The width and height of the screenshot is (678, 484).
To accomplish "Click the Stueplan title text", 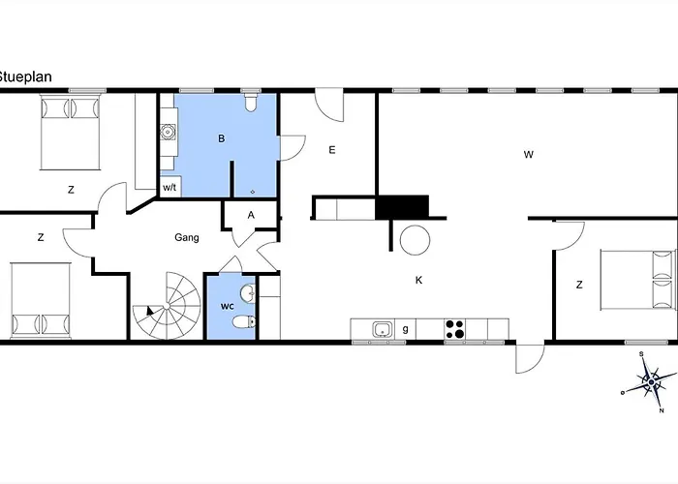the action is pyautogui.click(x=24, y=76).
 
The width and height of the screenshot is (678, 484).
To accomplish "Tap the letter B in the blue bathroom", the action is pyautogui.click(x=222, y=138).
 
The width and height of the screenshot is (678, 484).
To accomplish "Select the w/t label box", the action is pyautogui.click(x=169, y=187).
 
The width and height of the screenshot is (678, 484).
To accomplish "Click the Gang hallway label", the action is pyautogui.click(x=187, y=237).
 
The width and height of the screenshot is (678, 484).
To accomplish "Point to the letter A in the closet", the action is pyautogui.click(x=251, y=215).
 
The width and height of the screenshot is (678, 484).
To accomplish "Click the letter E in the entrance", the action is pyautogui.click(x=332, y=150).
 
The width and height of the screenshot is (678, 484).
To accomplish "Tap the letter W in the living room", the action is pyautogui.click(x=529, y=154).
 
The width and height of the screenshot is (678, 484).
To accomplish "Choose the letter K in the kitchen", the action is pyautogui.click(x=418, y=280).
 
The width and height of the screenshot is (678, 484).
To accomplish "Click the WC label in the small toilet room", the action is pyautogui.click(x=228, y=307).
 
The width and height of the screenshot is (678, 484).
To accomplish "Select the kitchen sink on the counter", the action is pyautogui.click(x=383, y=329).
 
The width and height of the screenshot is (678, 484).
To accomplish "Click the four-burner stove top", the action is pyautogui.click(x=455, y=329).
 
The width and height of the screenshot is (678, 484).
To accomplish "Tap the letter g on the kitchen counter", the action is pyautogui.click(x=405, y=329).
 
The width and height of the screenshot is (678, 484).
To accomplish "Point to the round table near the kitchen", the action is pyautogui.click(x=416, y=240).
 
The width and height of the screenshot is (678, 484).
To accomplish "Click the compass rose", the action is pyautogui.click(x=650, y=382).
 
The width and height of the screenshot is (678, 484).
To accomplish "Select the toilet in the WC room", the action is pyautogui.click(x=244, y=322).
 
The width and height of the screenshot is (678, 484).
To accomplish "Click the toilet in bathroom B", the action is pyautogui.click(x=251, y=103).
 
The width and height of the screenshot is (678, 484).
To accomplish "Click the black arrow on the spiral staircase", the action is pyautogui.click(x=150, y=311).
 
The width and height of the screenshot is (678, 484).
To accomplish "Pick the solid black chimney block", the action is pyautogui.click(x=402, y=207).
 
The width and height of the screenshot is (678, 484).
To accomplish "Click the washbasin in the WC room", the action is pyautogui.click(x=248, y=293).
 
